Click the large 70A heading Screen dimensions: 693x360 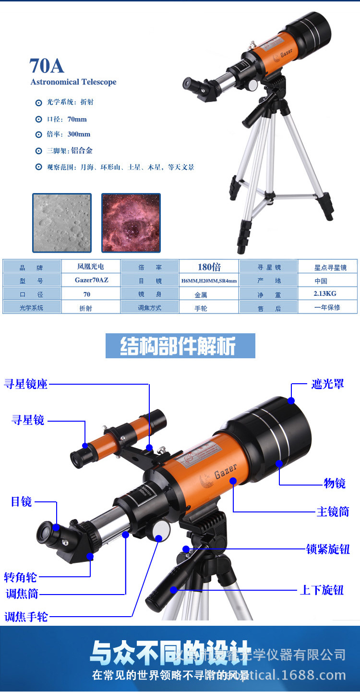tap(47, 66)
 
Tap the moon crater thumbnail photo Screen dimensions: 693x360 tap(62, 223)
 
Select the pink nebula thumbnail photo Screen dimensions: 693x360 tap(131, 223)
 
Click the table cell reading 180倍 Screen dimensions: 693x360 tap(209, 267)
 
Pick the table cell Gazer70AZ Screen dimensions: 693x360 tap(91, 280)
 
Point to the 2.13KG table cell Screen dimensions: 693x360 tap(325, 293)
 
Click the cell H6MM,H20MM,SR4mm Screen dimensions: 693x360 tap(209, 281)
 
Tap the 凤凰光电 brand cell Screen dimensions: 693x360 tap(91, 267)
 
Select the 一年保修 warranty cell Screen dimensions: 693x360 tap(327, 307)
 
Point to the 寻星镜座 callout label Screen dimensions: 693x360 tap(26, 384)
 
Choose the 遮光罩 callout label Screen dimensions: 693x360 tap(327, 384)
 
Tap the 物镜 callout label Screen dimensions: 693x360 tap(335, 483)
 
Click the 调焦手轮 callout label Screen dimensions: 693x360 tap(26, 616)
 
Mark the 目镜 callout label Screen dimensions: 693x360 tap(22, 502)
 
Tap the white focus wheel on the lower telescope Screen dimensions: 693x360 tap(161, 532)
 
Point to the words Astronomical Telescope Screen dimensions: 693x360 tap(73, 82)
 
